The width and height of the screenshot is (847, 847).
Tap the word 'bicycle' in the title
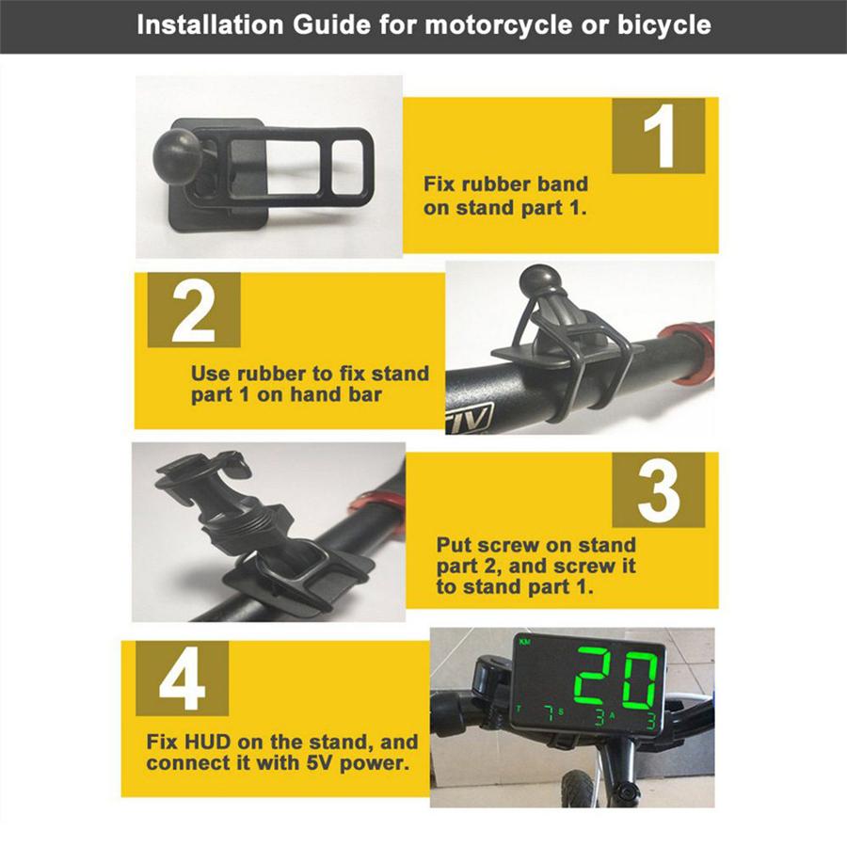664,24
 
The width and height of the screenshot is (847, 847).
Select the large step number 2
193,311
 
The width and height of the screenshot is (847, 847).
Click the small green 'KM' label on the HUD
524,642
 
